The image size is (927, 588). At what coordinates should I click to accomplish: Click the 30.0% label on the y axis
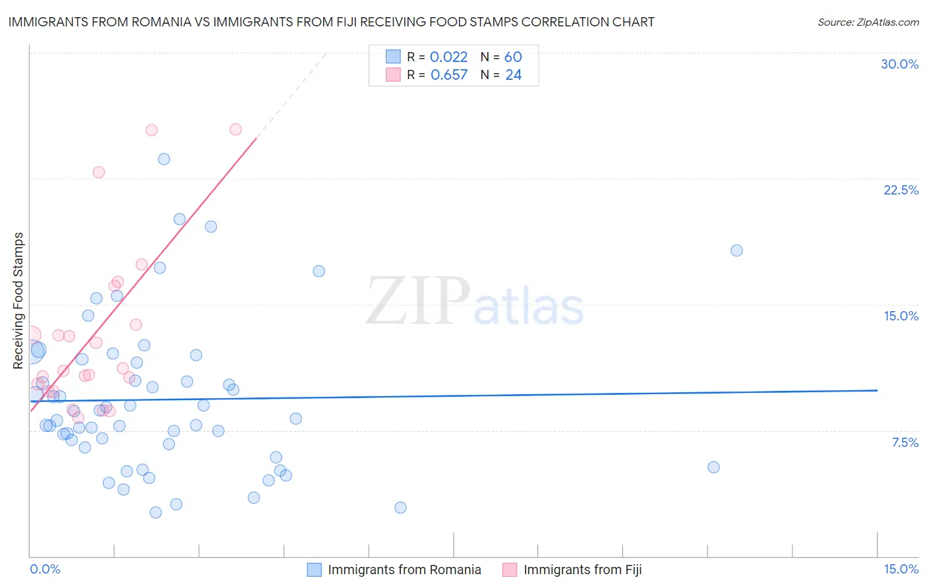pyautogui.click(x=899, y=64)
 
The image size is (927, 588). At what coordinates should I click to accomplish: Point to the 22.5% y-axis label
pyautogui.click(x=901, y=190)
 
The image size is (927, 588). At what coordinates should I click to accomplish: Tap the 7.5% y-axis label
pyautogui.click(x=905, y=442)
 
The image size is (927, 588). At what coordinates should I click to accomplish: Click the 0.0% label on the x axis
pyautogui.click(x=45, y=569)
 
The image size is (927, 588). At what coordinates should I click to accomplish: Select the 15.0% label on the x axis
pyautogui.click(x=901, y=569)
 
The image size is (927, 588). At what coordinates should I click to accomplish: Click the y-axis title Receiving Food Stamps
pyautogui.click(x=18, y=301)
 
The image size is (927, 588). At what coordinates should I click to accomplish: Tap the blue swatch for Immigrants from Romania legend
pyautogui.click(x=314, y=570)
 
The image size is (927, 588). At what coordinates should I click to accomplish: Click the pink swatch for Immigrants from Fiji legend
pyautogui.click(x=510, y=570)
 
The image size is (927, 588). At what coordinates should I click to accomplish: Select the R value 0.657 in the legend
pyautogui.click(x=448, y=75)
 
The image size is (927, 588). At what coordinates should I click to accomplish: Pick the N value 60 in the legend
pyautogui.click(x=513, y=57)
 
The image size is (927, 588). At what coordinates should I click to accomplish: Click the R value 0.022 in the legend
pyautogui.click(x=448, y=57)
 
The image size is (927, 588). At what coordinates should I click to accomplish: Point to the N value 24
pyautogui.click(x=513, y=75)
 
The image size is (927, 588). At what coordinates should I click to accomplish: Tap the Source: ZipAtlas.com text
pyautogui.click(x=868, y=22)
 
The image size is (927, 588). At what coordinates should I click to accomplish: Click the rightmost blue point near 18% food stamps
pyautogui.click(x=736, y=250)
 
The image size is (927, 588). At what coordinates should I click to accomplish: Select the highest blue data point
pyautogui.click(x=164, y=159)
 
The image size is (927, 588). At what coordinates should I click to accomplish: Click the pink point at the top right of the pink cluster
pyautogui.click(x=235, y=129)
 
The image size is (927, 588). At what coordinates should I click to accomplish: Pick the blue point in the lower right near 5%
pyautogui.click(x=713, y=467)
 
